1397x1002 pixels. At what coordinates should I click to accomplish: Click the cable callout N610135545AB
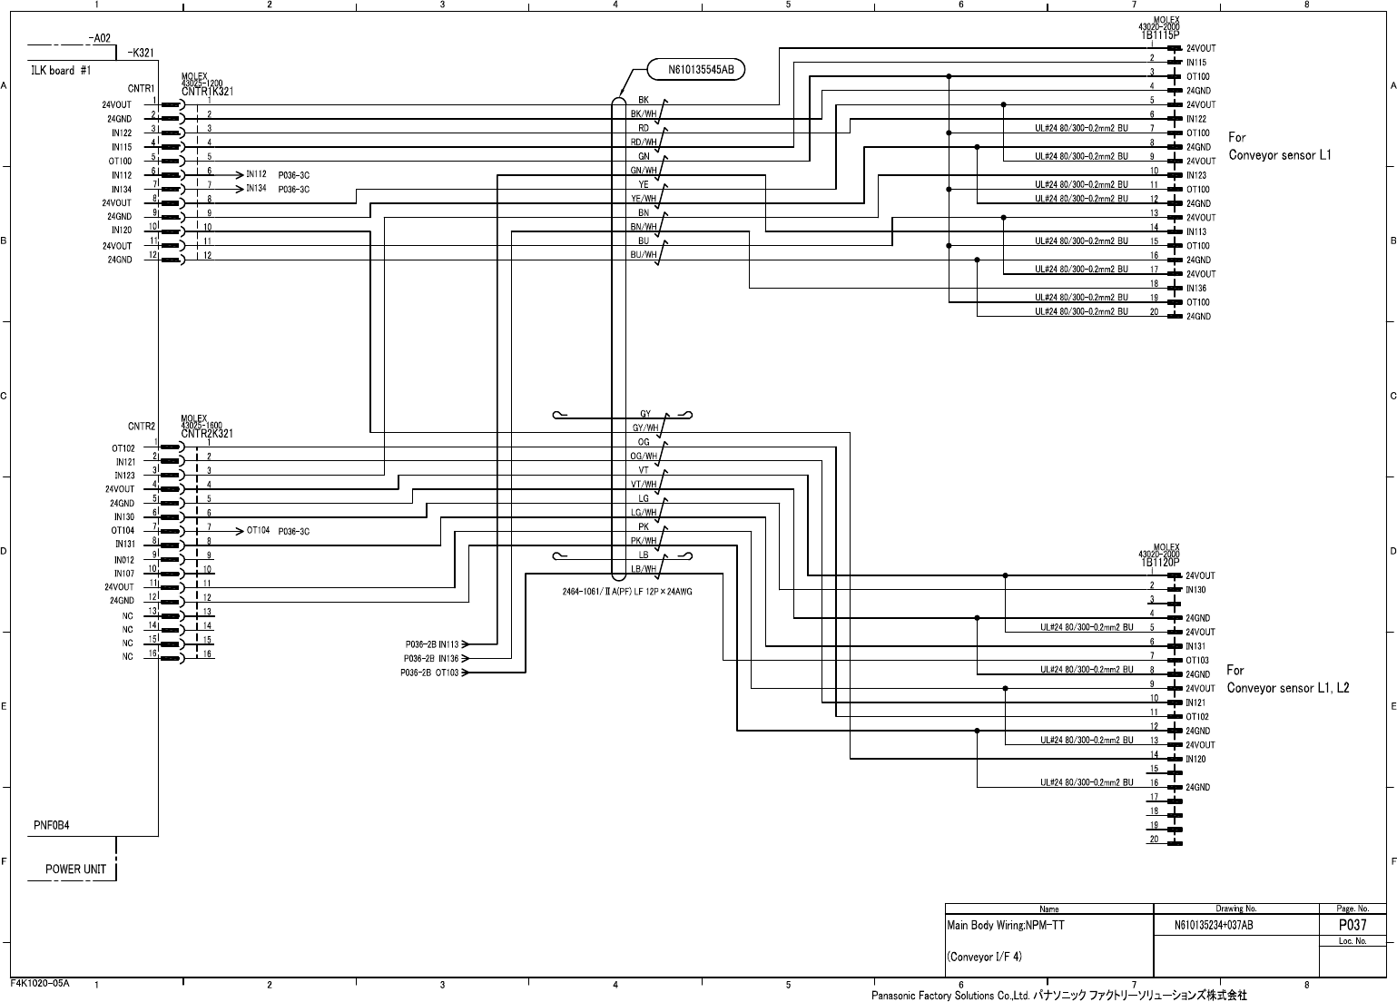point(696,69)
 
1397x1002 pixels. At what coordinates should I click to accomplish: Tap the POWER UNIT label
point(76,869)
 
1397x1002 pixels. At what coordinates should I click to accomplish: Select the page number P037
point(1353,925)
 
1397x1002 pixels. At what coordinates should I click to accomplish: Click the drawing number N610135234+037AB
point(1214,926)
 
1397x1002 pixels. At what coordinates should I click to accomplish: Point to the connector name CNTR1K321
point(208,91)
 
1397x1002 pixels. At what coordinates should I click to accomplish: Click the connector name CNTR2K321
point(207,433)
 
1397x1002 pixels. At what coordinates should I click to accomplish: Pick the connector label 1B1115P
point(1160,34)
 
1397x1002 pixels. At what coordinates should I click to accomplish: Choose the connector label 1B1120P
point(1160,562)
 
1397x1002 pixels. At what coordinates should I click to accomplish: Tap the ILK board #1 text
point(61,70)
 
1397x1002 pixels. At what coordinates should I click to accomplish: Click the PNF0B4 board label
point(52,826)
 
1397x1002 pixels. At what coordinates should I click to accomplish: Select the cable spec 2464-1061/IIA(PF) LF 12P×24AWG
point(627,591)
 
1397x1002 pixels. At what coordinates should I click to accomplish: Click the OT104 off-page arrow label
point(258,531)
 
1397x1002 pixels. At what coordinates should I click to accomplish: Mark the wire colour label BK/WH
point(644,114)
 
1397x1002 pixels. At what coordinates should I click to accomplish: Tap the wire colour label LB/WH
point(644,569)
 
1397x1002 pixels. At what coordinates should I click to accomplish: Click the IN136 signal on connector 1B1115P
point(1196,289)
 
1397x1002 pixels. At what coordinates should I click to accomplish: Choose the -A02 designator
point(100,38)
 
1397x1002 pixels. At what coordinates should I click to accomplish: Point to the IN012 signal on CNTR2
point(124,560)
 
